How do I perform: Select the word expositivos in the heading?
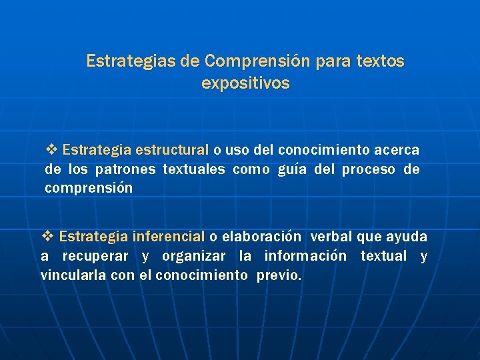[245, 84]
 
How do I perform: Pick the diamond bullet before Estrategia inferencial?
[47, 236]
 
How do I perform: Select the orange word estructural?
[172, 151]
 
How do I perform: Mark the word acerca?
[397, 151]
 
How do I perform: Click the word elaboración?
[261, 237]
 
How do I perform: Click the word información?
[305, 256]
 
